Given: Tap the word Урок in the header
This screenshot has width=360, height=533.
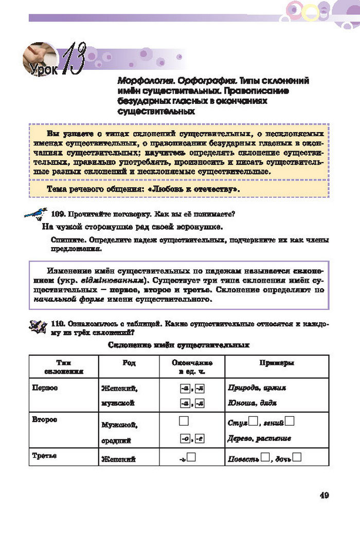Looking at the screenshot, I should click(43, 67).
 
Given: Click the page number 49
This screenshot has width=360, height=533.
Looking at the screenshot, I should click(324, 495).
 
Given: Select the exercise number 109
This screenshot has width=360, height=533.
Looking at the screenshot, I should click(59, 213).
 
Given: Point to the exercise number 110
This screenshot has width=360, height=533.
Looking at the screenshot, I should click(58, 324).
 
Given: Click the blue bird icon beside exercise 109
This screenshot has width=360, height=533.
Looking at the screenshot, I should click(36, 213).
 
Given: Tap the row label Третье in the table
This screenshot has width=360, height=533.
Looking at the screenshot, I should click(44, 456).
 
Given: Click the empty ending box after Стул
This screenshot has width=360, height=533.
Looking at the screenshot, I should click(253, 423).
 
